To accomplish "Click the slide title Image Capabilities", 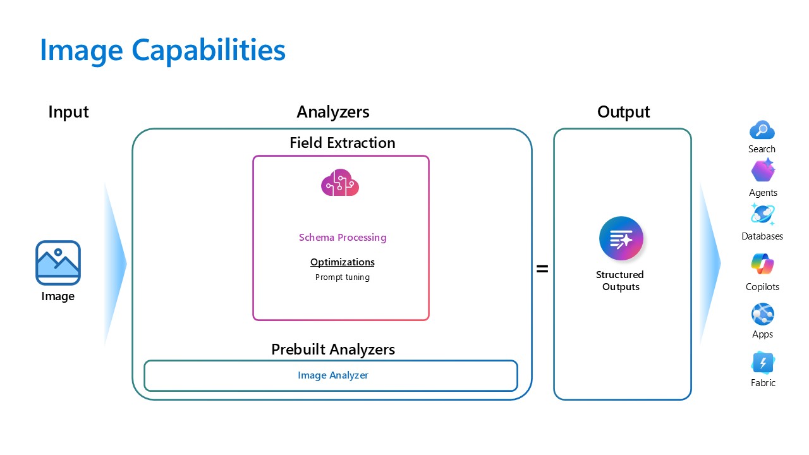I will tap(162, 50).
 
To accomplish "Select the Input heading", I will tap(68, 112).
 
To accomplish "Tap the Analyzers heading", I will tap(332, 112).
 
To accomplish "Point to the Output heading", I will tap(623, 112).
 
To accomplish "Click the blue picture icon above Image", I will tap(58, 262).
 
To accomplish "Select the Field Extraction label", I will tap(342, 143).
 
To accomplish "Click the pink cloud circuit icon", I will tap(340, 183).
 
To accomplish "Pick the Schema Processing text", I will tap(342, 238).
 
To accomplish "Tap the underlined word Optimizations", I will tap(342, 262).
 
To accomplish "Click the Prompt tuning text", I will tap(342, 277).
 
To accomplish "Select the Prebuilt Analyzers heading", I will tap(332, 349).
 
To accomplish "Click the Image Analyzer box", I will tap(331, 375).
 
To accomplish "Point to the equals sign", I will tap(542, 269).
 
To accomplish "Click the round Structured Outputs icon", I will tap(621, 239).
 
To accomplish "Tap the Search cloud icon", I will tap(762, 131).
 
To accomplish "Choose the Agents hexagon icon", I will tap(763, 171).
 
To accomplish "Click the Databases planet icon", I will tap(762, 215).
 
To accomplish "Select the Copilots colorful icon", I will tap(762, 264).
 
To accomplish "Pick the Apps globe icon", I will tap(762, 314).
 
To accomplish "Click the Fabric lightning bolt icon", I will tap(762, 363).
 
